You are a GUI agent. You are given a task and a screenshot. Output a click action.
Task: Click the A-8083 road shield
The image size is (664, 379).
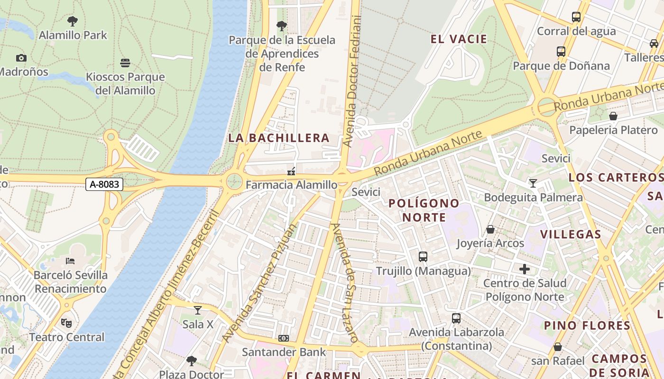(x=104, y=184)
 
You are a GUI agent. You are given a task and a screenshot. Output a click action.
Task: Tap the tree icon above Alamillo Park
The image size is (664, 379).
(x=73, y=21)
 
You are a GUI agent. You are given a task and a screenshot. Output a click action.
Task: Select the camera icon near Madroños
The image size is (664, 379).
(x=21, y=58)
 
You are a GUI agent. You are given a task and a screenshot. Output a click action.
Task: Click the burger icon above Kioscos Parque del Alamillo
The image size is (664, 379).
(x=125, y=63)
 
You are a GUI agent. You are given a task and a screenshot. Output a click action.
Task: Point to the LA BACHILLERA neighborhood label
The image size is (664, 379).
(x=279, y=138)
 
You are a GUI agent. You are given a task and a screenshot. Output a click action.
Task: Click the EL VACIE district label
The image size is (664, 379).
(x=459, y=39)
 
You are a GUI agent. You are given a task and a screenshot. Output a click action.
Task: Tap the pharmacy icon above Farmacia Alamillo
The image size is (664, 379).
(x=291, y=171)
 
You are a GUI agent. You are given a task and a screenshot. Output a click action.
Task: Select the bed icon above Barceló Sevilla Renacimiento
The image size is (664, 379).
(x=70, y=261)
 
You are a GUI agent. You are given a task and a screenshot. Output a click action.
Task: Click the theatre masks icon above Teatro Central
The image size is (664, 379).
(x=66, y=323)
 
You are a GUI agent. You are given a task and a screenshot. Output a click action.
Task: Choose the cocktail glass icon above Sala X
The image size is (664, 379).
(x=198, y=310)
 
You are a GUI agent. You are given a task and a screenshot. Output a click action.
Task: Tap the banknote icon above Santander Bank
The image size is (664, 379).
(x=284, y=338)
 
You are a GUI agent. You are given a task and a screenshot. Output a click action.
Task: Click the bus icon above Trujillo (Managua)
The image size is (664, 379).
(x=423, y=257)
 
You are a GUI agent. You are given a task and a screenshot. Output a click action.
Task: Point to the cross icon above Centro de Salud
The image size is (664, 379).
(x=525, y=269)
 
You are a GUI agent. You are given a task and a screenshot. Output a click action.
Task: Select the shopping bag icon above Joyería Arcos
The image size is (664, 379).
(x=490, y=229)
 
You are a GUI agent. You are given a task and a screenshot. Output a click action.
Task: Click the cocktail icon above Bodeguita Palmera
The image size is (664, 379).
(x=533, y=183)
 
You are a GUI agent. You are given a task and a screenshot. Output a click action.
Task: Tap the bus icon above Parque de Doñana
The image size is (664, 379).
(x=561, y=51)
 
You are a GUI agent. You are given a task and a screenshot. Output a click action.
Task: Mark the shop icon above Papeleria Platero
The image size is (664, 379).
(x=613, y=116)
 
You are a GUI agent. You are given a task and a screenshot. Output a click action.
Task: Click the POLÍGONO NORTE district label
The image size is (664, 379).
(x=424, y=210)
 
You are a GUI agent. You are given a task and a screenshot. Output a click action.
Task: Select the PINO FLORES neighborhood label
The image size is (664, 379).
(x=587, y=325)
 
